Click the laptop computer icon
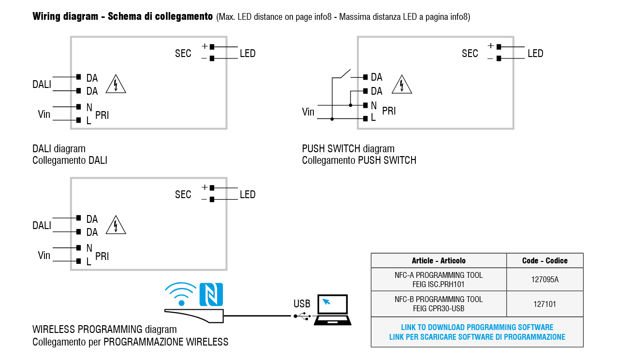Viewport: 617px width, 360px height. [x=332, y=310]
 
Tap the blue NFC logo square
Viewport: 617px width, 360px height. [x=211, y=294]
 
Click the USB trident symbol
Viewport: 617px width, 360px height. [x=303, y=316]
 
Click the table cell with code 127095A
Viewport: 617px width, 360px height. [x=545, y=279]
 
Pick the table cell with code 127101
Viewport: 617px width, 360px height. [x=545, y=304]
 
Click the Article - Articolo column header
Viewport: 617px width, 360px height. [x=439, y=260]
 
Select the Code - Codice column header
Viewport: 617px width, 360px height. [x=545, y=260]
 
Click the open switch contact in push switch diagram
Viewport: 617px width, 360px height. [x=345, y=73]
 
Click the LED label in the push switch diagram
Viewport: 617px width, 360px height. [x=535, y=54]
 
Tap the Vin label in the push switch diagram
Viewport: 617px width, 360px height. [x=308, y=112]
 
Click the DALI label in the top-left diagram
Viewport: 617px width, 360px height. [x=42, y=85]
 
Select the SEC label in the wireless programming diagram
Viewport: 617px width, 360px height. [x=183, y=195]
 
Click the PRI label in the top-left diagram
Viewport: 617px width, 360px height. [x=102, y=115]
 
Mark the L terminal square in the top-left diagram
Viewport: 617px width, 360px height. [x=78, y=120]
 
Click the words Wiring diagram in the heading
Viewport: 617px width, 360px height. [x=65, y=16]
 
